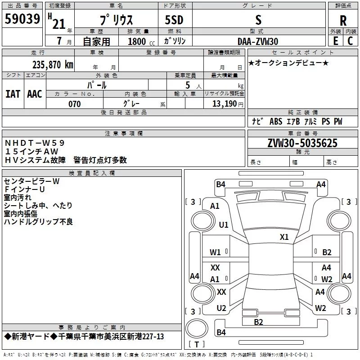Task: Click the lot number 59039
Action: tap(22, 19)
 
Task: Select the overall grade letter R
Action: tap(343, 21)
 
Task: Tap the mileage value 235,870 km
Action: tap(53, 65)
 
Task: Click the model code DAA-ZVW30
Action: tap(258, 41)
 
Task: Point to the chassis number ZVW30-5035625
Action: tap(302, 143)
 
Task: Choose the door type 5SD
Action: tap(174, 20)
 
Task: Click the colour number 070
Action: tap(75, 104)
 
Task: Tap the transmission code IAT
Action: tap(13, 94)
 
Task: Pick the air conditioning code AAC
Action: tap(35, 94)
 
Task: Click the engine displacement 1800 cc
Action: tap(141, 41)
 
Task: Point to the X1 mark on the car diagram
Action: tap(284, 237)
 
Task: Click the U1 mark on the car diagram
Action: tap(224, 225)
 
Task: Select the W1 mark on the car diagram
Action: tap(215, 252)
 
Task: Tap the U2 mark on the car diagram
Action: tap(221, 308)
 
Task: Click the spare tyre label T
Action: tap(197, 344)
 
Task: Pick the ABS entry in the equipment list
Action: tap(276, 121)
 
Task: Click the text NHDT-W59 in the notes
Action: tap(35, 143)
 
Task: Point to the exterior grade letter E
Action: tap(335, 41)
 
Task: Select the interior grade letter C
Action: tap(350, 41)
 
